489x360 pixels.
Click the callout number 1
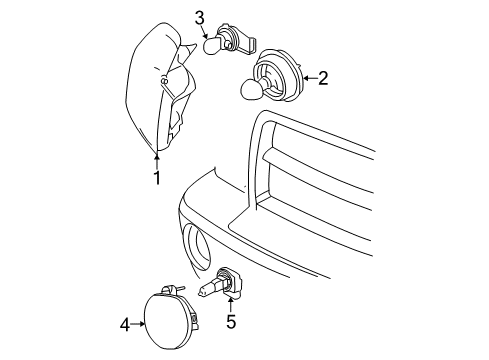(156, 178)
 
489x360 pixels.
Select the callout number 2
(322, 78)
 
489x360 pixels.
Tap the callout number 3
(200, 16)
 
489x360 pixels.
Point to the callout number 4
(125, 323)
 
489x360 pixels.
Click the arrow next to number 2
(306, 78)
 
